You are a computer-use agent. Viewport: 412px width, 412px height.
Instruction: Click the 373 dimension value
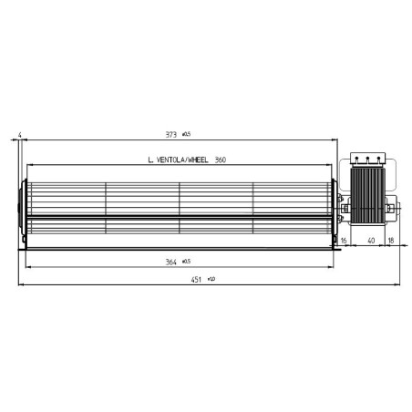(170, 135)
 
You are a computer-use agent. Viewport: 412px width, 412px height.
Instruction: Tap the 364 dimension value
(170, 262)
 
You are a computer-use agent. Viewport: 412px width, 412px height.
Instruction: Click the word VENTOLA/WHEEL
(179, 160)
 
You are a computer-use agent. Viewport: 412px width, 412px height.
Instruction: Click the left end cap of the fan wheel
(23, 202)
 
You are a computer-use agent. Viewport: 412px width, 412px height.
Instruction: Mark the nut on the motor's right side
(391, 210)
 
